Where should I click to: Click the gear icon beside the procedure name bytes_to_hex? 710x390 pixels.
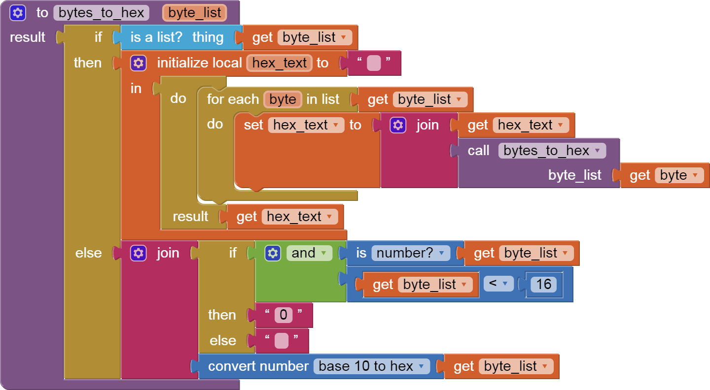tap(18, 13)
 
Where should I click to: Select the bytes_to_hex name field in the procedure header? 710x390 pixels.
tap(101, 13)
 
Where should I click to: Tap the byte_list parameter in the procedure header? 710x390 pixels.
tap(194, 13)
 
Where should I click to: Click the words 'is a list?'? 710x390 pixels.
tap(156, 37)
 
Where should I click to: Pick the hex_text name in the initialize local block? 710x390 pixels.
tap(280, 63)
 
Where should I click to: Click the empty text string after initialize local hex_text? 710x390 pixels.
tap(374, 63)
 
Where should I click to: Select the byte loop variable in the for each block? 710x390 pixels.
tap(283, 99)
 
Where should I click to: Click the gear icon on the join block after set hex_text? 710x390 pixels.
tap(398, 125)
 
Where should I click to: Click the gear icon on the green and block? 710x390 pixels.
tap(273, 253)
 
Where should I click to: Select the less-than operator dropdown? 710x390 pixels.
tap(498, 284)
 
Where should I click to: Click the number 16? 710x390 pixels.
tap(543, 285)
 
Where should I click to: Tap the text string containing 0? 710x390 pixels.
tap(284, 315)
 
